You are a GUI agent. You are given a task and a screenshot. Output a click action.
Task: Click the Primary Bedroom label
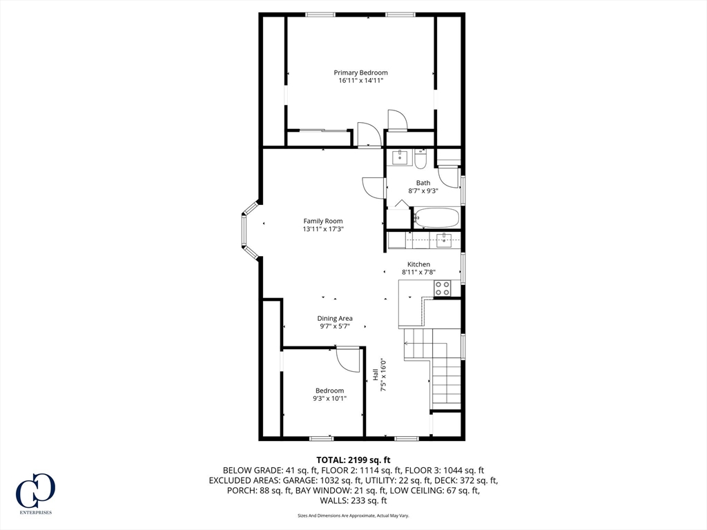[x=360, y=72]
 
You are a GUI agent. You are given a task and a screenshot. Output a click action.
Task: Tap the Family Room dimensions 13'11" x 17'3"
[x=323, y=229]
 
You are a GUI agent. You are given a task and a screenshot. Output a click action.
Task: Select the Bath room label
[x=423, y=182]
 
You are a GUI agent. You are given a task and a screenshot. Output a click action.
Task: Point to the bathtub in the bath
[x=436, y=218]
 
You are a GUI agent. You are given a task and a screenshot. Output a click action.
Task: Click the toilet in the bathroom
[x=420, y=159]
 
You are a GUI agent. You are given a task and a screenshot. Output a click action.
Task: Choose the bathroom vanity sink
[x=400, y=158]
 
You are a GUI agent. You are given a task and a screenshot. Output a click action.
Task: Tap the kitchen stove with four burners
[x=443, y=288]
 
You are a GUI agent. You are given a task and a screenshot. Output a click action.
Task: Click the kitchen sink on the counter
[x=445, y=239]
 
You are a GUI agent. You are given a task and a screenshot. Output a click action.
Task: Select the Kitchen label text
[x=418, y=264]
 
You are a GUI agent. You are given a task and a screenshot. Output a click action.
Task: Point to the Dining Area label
[x=335, y=318]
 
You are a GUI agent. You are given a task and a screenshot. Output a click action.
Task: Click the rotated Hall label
[x=375, y=374]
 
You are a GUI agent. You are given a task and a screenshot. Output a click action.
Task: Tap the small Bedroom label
[x=329, y=391]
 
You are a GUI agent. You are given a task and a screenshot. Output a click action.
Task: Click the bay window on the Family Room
[x=249, y=230]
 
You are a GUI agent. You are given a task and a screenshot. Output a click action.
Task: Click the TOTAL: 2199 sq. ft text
[x=353, y=460]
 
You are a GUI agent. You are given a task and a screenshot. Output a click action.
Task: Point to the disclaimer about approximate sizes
[x=353, y=516]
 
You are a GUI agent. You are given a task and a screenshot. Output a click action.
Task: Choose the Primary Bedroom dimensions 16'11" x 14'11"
[x=360, y=81]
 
